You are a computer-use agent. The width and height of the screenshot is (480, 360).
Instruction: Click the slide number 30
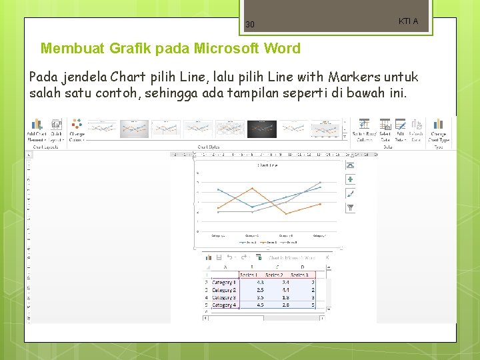click(250, 25)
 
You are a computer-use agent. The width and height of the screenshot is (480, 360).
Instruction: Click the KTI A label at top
click(408, 21)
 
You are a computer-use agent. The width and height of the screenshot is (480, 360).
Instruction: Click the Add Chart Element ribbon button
click(37, 131)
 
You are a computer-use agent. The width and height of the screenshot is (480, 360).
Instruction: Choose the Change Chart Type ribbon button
click(438, 131)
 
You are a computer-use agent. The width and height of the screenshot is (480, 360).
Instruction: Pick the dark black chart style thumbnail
click(262, 129)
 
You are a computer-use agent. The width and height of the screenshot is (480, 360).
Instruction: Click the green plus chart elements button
click(351, 179)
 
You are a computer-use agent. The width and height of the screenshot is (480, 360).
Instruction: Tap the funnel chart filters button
click(351, 208)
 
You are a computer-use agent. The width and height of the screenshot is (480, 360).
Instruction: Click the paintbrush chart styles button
click(351, 193)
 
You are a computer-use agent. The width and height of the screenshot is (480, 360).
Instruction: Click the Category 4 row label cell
click(224, 305)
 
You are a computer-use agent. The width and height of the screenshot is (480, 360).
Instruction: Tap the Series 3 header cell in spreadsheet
click(299, 275)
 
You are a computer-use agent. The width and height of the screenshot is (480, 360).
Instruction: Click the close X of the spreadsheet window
click(327, 257)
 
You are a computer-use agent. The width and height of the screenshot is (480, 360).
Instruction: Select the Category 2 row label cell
click(224, 290)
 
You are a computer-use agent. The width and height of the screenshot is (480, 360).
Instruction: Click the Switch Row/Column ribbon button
click(363, 131)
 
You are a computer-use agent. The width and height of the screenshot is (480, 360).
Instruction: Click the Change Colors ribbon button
click(77, 131)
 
